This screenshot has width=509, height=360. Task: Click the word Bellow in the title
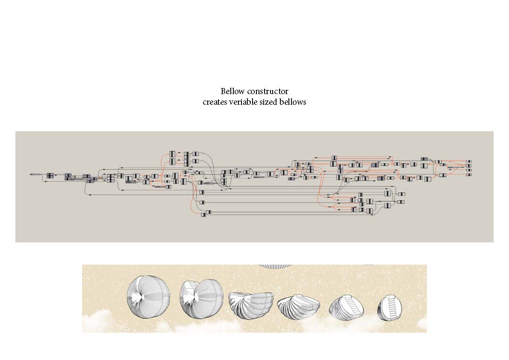point(232,91)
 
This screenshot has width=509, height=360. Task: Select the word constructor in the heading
point(268,91)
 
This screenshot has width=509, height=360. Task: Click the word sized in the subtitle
point(268,102)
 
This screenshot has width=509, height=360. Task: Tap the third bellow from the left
point(250,305)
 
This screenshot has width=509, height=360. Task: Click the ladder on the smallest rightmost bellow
point(392,307)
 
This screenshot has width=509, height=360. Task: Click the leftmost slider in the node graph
point(34,174)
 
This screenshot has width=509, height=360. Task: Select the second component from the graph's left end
point(50,175)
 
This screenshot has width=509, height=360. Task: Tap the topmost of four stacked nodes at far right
point(469,161)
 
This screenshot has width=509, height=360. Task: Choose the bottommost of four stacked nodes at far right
point(469,174)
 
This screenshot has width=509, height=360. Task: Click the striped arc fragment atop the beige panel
point(275,266)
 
